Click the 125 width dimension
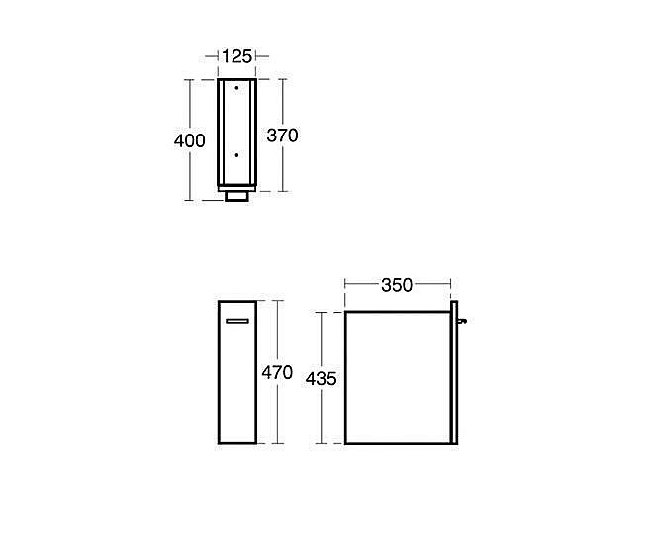pos(235,56)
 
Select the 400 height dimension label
pos(189,140)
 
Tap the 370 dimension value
pos(282,136)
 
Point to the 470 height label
pos(276,372)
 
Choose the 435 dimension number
pos(322,378)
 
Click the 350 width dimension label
pos(397,285)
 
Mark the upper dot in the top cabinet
pos(236,89)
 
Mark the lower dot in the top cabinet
pos(236,154)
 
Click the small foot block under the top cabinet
pos(236,196)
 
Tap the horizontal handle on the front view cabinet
pos(237,321)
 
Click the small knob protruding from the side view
pos(460,319)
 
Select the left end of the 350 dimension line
pos(344,285)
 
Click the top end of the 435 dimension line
pos(322,311)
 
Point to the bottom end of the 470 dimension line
pos(276,445)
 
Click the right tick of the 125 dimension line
pos(256,56)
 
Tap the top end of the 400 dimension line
pos(189,79)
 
